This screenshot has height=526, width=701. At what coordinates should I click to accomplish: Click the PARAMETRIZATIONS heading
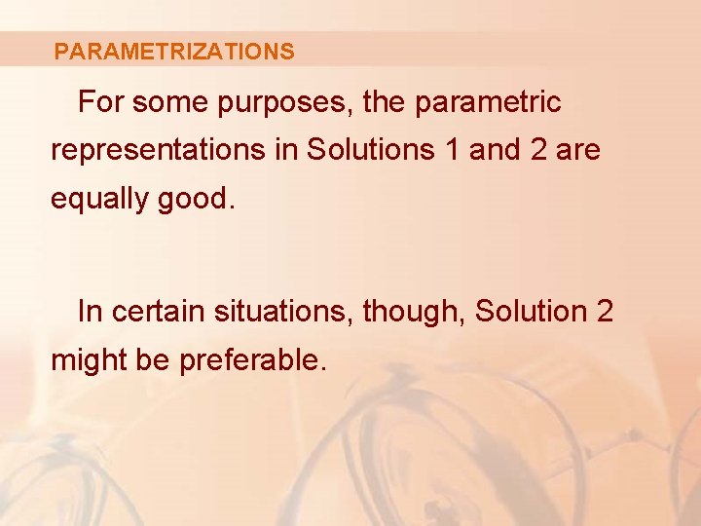click(174, 52)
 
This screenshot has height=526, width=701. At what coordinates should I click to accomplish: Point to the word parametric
click(488, 102)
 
